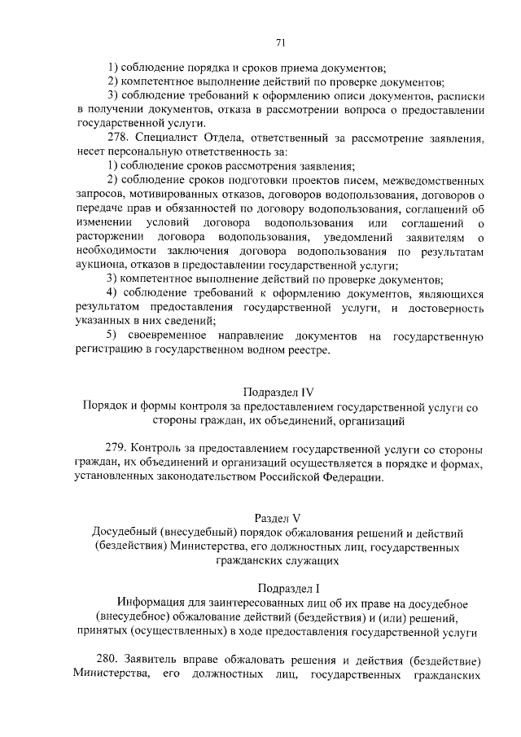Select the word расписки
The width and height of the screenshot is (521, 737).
pyautogui.click(x=459, y=97)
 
